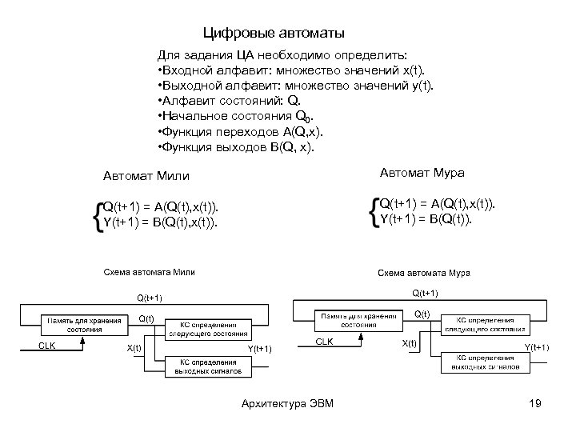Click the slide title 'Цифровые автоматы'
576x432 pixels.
(274, 34)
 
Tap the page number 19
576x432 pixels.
(535, 403)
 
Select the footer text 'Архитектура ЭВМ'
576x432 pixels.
(287, 403)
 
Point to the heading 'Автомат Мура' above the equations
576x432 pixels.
(422, 173)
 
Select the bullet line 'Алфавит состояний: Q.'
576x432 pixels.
(229, 101)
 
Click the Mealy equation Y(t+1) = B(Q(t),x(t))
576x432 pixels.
(160, 221)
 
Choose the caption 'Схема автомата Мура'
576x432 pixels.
(424, 273)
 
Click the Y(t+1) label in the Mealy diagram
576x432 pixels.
(260, 349)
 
